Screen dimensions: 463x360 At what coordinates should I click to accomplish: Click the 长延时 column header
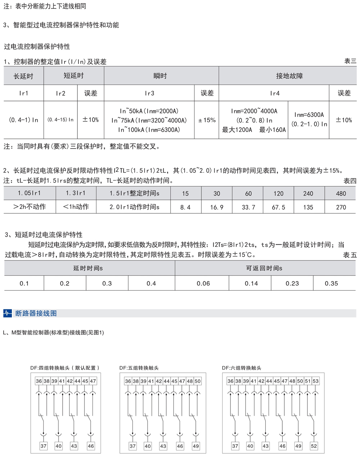[x=23, y=76]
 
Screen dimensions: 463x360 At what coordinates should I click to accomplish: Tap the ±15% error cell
[x=207, y=120]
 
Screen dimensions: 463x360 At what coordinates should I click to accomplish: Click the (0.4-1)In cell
[x=23, y=120]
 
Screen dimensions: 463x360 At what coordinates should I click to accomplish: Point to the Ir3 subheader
[x=149, y=94]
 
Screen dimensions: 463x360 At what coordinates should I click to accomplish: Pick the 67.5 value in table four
[x=278, y=207]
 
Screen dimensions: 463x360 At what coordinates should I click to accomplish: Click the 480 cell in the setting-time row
[x=341, y=194]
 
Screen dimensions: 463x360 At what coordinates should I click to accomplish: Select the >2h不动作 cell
[x=30, y=207]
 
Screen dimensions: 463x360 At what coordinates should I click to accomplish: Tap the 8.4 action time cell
[x=185, y=207]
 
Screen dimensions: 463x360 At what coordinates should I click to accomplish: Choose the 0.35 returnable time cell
[x=331, y=283]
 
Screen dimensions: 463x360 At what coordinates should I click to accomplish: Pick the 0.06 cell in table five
[x=203, y=283]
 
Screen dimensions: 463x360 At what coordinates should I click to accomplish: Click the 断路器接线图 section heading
[x=36, y=313]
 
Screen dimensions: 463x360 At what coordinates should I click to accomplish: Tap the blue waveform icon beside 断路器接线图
[x=8, y=313]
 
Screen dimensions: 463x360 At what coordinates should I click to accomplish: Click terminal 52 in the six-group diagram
[x=314, y=446]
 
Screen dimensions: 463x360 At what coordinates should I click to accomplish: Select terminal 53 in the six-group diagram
[x=316, y=381]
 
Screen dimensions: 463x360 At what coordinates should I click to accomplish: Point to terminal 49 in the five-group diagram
[x=195, y=446]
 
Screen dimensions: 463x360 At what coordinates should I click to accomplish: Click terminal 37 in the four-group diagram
[x=43, y=446]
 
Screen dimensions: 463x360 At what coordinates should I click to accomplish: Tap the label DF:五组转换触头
[x=139, y=368]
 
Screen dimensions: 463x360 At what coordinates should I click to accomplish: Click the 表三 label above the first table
[x=350, y=61]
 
